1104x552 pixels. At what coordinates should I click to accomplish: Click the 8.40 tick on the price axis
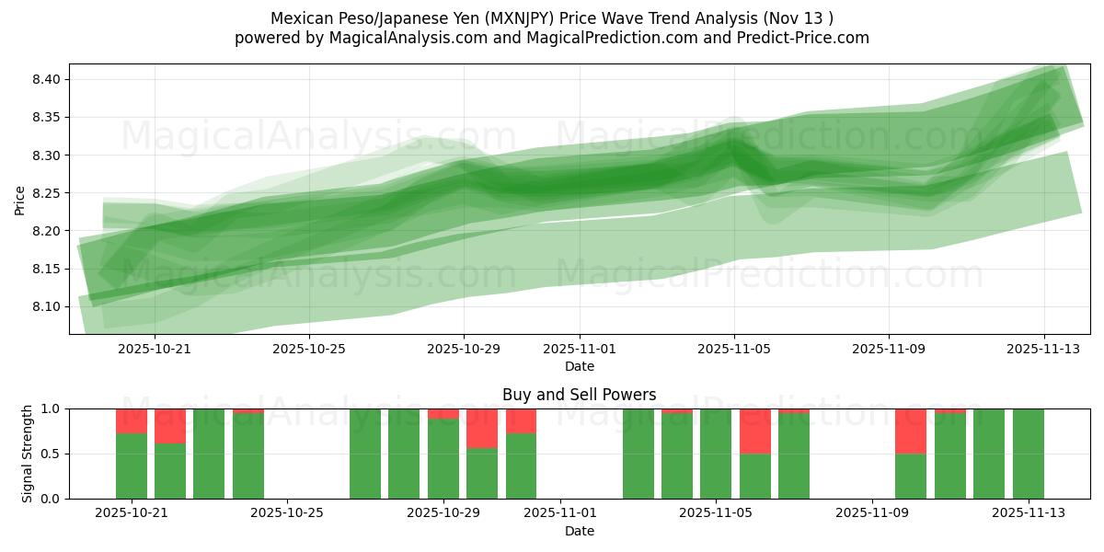(x=47, y=79)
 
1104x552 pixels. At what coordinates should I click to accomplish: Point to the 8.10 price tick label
(x=47, y=306)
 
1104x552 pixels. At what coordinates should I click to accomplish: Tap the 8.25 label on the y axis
(x=47, y=193)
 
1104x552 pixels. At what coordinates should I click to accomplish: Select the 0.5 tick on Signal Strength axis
(x=50, y=454)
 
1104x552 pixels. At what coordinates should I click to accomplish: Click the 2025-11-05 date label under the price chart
(x=733, y=349)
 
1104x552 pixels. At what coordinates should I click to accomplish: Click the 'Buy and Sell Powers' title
(x=579, y=395)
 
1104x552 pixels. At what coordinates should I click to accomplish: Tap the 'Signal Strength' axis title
(x=28, y=454)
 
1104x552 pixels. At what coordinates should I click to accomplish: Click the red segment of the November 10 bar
(x=911, y=431)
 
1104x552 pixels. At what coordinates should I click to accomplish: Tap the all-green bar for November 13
(x=1028, y=454)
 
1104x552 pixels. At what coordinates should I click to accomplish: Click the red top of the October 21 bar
(x=132, y=420)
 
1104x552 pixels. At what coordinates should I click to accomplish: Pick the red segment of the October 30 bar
(x=482, y=428)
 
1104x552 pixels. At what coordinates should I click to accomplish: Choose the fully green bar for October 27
(x=365, y=454)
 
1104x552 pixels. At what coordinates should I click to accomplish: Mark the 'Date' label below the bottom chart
(x=579, y=531)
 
